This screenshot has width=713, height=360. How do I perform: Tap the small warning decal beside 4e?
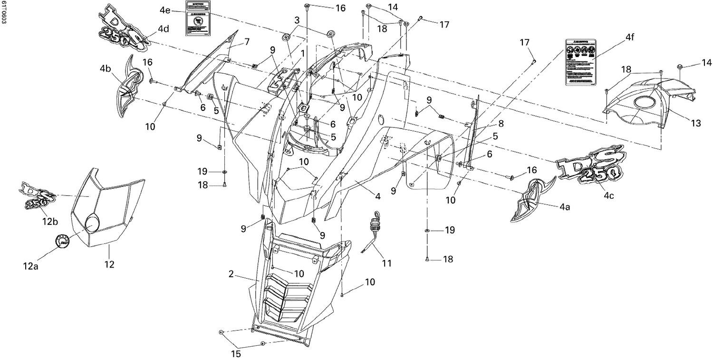(x=197, y=18)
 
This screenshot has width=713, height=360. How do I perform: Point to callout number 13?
(x=695, y=124)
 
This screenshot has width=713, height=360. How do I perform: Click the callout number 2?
(x=231, y=274)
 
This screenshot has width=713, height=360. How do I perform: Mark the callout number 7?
(x=247, y=42)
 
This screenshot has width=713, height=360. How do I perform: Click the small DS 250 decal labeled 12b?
(x=38, y=195)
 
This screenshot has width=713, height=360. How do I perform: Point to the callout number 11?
(x=387, y=263)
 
